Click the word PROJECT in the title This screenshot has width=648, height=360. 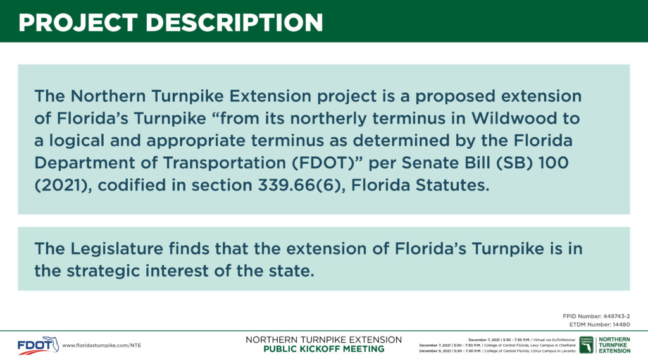[x=78, y=22]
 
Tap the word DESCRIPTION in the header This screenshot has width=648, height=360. [x=234, y=22]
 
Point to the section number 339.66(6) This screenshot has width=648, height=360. [x=301, y=185]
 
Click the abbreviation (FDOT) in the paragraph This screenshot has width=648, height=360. [x=327, y=163]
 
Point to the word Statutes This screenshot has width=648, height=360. [x=452, y=185]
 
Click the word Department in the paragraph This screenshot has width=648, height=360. [x=84, y=163]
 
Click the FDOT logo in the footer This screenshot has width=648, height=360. [x=38, y=345]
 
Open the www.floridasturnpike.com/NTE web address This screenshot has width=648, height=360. [x=102, y=345]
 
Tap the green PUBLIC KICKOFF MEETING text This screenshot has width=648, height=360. [x=323, y=349]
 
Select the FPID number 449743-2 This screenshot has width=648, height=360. [x=616, y=316]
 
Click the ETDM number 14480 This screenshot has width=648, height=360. [x=621, y=325]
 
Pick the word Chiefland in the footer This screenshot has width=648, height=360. [x=566, y=345]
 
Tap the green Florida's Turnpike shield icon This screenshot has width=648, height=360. [x=586, y=345]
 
